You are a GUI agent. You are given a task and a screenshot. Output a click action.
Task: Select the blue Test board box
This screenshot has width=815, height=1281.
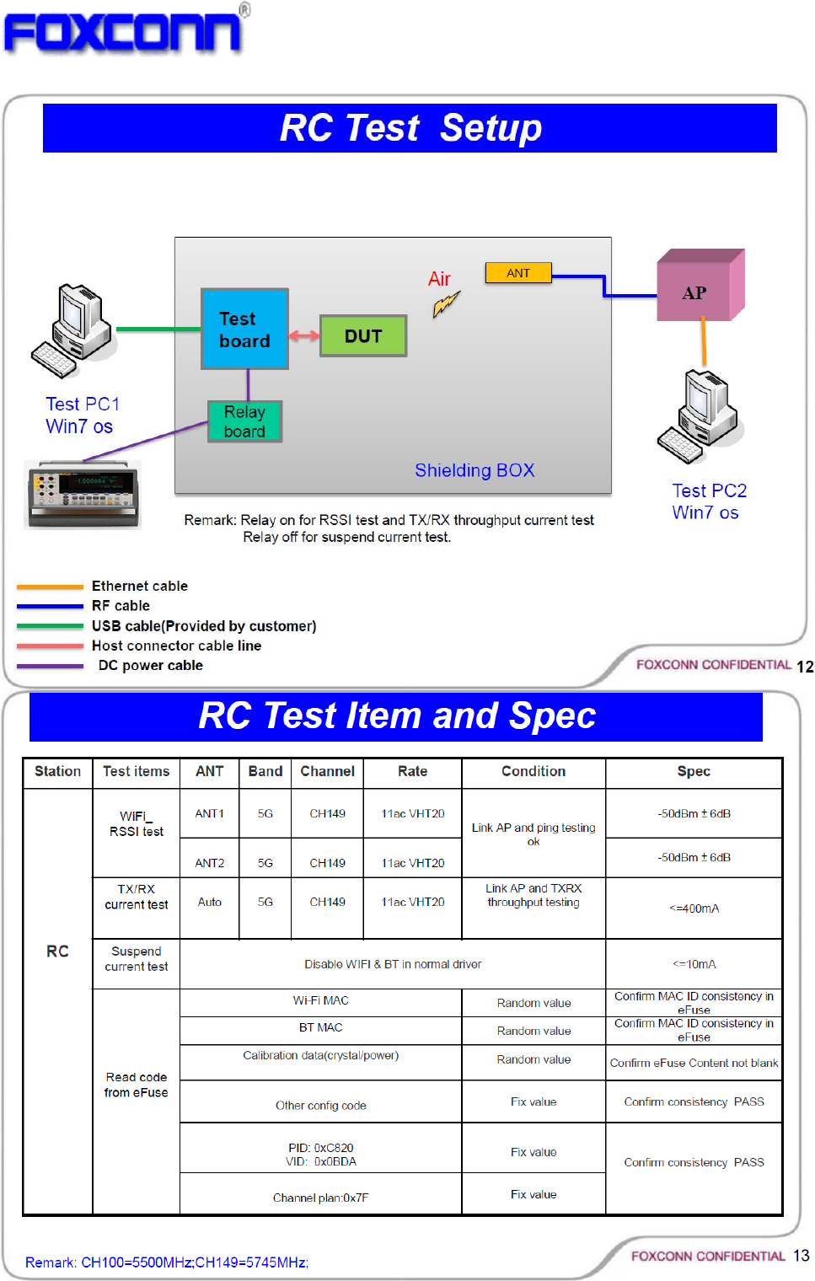click(x=244, y=330)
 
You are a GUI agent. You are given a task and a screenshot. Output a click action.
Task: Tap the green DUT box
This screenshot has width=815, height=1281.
click(x=363, y=336)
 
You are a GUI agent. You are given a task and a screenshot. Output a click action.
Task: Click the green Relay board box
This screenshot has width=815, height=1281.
click(x=244, y=421)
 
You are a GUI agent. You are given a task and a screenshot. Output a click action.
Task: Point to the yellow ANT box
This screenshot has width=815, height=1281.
click(x=518, y=273)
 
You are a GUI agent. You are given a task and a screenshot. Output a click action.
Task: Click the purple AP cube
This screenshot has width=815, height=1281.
click(x=699, y=287)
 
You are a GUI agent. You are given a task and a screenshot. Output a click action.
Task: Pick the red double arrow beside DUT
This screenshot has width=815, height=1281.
click(x=304, y=335)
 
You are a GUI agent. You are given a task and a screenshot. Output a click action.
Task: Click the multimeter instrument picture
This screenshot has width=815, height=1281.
click(x=83, y=494)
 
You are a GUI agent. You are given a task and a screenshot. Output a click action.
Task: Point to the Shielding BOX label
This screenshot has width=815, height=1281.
click(x=475, y=470)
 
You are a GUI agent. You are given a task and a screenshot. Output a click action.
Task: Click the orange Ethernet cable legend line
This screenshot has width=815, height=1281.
click(x=50, y=587)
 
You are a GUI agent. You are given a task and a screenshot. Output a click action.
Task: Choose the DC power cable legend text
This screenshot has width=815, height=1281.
click(x=151, y=666)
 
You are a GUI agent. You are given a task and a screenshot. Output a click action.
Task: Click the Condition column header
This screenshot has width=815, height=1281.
click(x=534, y=771)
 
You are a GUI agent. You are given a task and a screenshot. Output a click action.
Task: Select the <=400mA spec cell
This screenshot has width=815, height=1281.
click(x=694, y=908)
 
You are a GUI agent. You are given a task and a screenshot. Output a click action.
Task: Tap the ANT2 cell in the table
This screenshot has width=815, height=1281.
click(x=210, y=863)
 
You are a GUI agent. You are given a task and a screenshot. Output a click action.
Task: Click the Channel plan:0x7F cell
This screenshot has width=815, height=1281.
click(x=320, y=1198)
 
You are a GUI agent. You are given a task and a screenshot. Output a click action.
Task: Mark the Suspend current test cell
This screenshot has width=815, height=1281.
click(x=137, y=959)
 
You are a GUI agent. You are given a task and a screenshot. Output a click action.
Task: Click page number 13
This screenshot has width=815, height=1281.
click(x=801, y=1256)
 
